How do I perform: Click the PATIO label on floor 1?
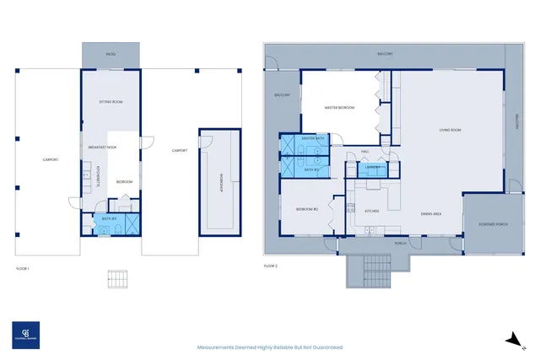[x=111, y=53]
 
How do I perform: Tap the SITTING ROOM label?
[x=111, y=101]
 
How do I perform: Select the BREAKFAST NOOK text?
[x=102, y=147]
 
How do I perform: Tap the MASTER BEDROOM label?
[x=339, y=108]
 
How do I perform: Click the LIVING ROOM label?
[x=450, y=130]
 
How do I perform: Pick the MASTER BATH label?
[x=313, y=138]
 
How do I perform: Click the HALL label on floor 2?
[x=365, y=152]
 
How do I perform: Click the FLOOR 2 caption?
[x=270, y=266]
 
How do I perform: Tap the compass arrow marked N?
[x=510, y=339]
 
